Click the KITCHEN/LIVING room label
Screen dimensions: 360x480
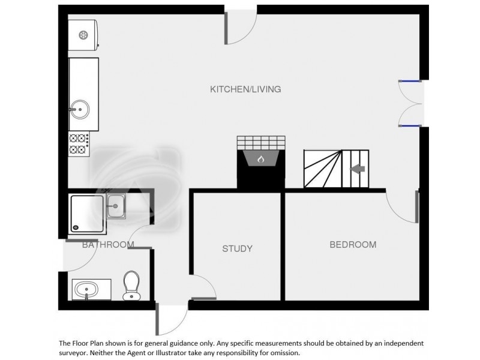(245, 89)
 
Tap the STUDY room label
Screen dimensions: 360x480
(237, 248)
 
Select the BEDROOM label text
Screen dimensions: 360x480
(353, 245)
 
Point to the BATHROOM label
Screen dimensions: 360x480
(108, 245)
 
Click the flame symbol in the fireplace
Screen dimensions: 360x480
(260, 160)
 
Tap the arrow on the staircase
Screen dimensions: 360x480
(358, 169)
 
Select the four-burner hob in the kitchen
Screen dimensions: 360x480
(79, 144)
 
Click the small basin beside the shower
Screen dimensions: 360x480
(115, 208)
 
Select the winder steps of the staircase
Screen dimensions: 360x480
(323, 169)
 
